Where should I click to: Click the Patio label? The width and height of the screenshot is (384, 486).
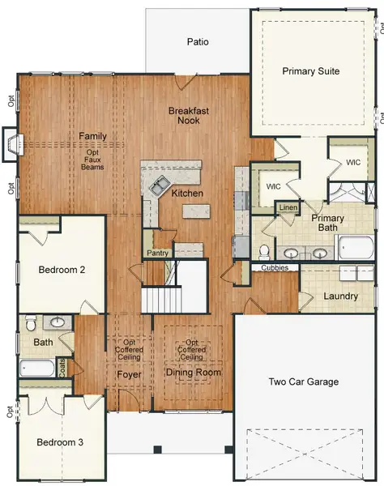point(198,41)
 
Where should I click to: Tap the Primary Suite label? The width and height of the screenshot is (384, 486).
point(310,71)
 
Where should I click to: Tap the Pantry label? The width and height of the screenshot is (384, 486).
point(157,254)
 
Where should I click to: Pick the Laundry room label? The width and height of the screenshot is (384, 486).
point(340,296)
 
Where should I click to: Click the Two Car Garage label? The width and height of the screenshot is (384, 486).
point(304,382)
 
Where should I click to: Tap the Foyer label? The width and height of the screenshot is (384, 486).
point(129,375)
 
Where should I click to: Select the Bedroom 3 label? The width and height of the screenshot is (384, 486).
point(60,442)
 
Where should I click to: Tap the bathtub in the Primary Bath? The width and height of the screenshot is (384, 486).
point(353,245)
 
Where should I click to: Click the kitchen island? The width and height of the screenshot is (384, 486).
point(194,211)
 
